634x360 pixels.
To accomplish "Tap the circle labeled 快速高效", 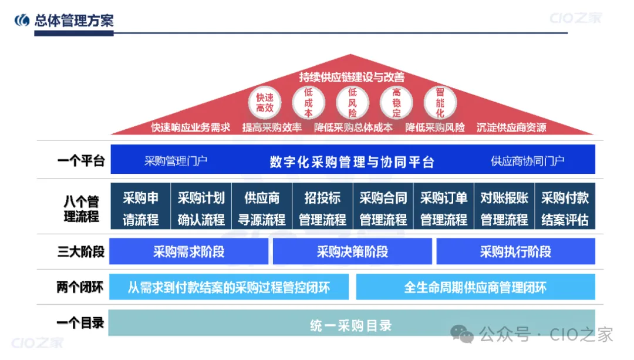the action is (x=265, y=103).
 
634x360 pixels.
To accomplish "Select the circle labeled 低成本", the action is (x=308, y=103).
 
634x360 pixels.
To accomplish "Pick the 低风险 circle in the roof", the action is (x=352, y=103).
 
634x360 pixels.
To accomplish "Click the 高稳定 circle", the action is (x=396, y=103).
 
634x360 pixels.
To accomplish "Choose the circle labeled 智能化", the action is (x=440, y=103).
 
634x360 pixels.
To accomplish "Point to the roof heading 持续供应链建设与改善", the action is (x=352, y=77).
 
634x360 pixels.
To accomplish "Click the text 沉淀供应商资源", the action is (x=511, y=127).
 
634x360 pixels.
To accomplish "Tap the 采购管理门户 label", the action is (x=176, y=161).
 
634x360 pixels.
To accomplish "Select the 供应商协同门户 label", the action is (x=528, y=161).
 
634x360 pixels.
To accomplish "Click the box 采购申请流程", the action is (x=140, y=209).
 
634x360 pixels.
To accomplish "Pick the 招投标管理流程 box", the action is (x=322, y=209).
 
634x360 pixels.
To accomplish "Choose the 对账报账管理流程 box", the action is (x=504, y=209).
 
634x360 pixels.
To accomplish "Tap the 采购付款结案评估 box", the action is (x=565, y=209).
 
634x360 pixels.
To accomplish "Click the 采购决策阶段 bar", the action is (x=352, y=252).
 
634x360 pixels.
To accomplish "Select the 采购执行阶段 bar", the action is (x=515, y=252).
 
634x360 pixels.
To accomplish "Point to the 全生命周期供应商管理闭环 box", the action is (x=475, y=287).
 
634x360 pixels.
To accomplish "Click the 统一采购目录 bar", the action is (x=351, y=325).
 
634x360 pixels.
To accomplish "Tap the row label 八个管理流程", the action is (x=81, y=209).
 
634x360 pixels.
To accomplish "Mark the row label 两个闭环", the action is (x=80, y=287).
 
